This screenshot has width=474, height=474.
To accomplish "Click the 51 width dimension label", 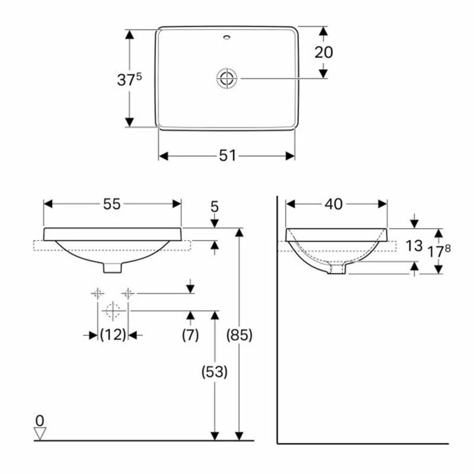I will (x=228, y=155).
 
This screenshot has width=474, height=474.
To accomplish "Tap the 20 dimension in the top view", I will (x=324, y=52).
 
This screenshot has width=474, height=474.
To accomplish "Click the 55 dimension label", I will (x=112, y=204).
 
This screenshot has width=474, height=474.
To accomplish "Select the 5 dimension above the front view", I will (x=214, y=207).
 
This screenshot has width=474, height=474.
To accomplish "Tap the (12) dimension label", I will (x=113, y=335).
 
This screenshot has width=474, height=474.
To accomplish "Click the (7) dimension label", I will (x=190, y=335).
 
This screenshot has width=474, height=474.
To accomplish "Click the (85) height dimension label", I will (x=240, y=335).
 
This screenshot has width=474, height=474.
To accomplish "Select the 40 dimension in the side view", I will (x=334, y=204).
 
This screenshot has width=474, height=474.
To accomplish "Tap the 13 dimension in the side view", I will (x=414, y=246).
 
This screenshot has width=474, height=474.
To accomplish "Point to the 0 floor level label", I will (x=40, y=420).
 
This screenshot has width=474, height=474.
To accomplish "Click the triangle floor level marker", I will (x=40, y=434).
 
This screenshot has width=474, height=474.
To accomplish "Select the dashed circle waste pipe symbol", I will (x=113, y=310).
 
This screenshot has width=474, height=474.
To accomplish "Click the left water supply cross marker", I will (x=97, y=293).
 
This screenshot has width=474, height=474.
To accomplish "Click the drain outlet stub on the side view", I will (x=337, y=270).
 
